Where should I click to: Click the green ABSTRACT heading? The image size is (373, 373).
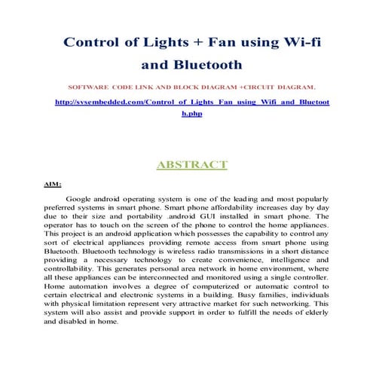point(191,164)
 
